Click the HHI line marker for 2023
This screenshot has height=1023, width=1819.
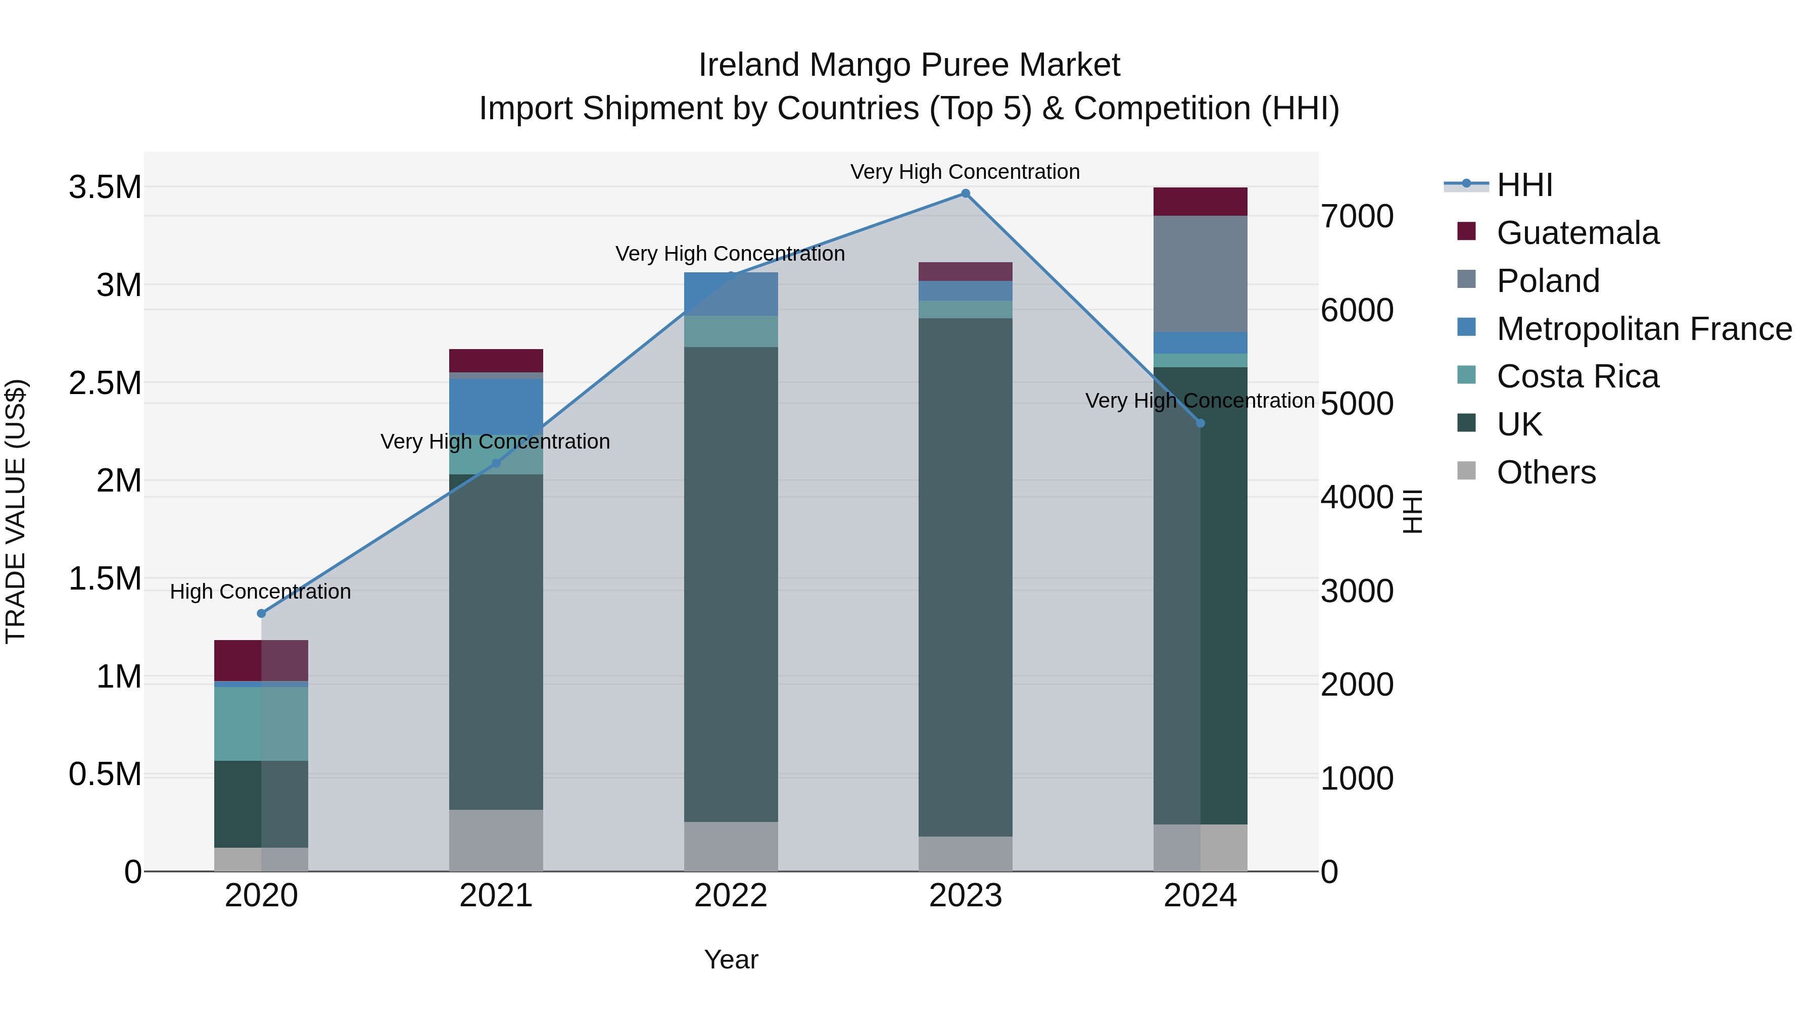[965, 193]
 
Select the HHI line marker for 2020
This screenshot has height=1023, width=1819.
[261, 613]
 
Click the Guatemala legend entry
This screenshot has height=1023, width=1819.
[1577, 233]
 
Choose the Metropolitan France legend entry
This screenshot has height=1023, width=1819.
[1643, 329]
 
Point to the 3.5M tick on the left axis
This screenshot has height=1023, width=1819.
[105, 188]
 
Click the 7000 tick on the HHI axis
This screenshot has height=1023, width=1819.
[1357, 217]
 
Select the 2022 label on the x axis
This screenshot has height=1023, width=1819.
[730, 896]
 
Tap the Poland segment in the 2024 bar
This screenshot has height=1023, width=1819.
[1201, 274]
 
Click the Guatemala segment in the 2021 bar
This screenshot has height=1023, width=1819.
[496, 360]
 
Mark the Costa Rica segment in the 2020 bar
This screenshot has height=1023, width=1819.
[261, 723]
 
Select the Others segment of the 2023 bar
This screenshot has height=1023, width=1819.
[965, 854]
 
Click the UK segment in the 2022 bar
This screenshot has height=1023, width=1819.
[730, 584]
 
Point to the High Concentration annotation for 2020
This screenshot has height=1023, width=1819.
[261, 592]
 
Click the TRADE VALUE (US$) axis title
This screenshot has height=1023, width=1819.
[16, 511]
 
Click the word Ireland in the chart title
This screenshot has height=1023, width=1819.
[749, 65]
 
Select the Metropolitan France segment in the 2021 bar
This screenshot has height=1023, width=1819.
[496, 406]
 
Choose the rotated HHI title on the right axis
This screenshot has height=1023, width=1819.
[1412, 511]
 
